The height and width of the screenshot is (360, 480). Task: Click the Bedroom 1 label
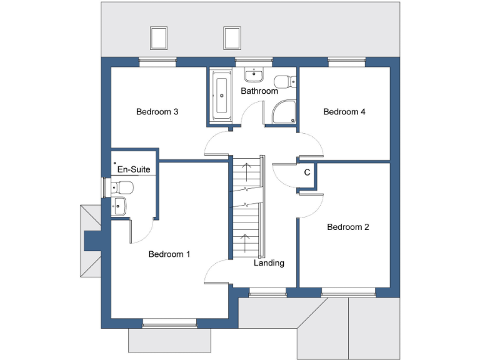tap(169, 254)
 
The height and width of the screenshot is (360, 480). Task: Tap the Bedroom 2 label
tap(348, 227)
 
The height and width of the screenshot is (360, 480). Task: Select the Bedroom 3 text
tap(157, 112)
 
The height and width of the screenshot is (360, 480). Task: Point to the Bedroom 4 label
tap(344, 112)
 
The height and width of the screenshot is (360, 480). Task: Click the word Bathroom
tap(259, 91)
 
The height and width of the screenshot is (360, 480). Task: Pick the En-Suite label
tap(134, 169)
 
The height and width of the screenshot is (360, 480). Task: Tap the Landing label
tap(269, 263)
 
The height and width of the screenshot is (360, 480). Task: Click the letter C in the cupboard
tap(307, 172)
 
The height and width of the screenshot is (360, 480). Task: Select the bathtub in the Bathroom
tap(221, 95)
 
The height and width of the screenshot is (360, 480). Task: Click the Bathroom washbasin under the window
tap(254, 76)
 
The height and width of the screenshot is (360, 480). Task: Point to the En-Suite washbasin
tap(119, 205)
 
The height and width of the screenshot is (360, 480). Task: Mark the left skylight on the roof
tap(159, 37)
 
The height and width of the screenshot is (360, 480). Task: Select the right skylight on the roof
tap(232, 37)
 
